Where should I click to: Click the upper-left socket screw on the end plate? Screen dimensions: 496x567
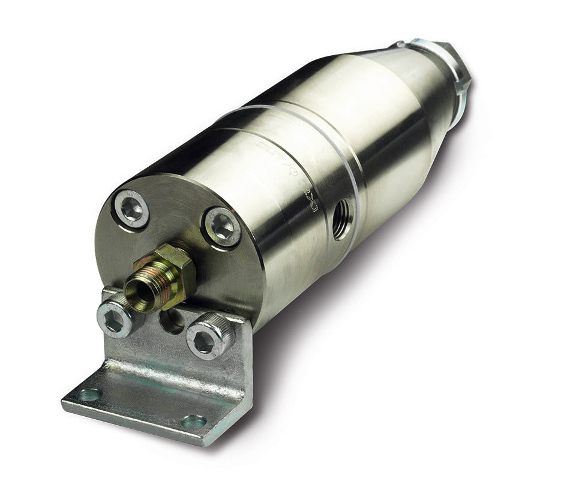point(131,209)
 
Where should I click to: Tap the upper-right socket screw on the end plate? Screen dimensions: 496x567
point(223,227)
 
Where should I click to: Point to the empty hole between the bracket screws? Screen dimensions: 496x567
point(172,321)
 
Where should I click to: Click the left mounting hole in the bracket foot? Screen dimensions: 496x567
point(90,395)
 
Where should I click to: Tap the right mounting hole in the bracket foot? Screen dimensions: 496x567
point(194,421)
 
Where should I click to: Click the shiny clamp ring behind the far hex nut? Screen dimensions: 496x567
point(432,51)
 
